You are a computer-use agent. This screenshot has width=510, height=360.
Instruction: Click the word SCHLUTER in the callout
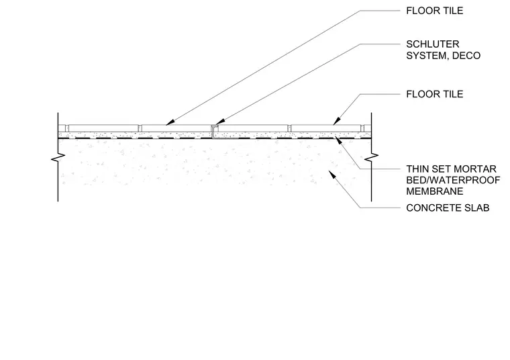(433, 44)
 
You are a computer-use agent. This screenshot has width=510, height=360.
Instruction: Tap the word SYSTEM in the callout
(427, 56)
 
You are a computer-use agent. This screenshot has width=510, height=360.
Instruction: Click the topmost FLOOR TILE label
(435, 11)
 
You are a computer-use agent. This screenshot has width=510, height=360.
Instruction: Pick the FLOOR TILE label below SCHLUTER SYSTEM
(435, 94)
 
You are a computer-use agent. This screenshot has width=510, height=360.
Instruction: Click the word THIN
(417, 169)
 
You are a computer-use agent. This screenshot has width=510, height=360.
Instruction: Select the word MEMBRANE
(435, 191)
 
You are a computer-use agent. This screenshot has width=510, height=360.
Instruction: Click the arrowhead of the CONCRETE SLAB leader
(331, 174)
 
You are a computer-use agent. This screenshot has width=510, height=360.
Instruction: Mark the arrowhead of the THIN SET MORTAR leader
(338, 140)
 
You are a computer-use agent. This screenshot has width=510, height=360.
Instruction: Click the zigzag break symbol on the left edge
(58, 158)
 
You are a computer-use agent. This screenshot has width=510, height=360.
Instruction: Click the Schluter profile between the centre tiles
(214, 131)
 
